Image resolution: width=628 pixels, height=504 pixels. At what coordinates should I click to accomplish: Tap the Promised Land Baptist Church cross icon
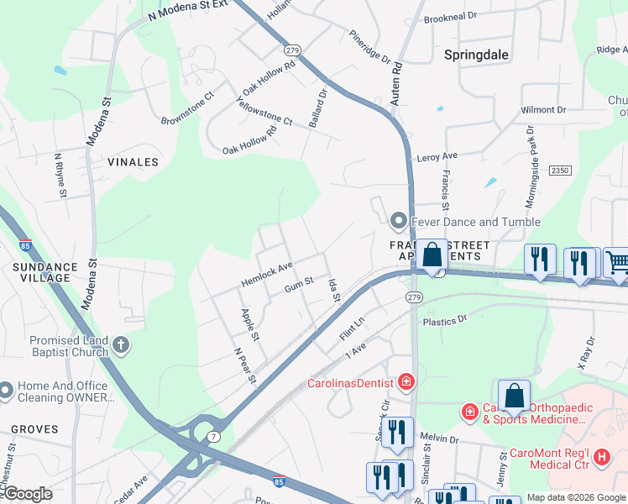[x=122, y=344]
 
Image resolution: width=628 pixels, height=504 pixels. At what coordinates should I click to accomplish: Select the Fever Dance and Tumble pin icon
[x=399, y=222]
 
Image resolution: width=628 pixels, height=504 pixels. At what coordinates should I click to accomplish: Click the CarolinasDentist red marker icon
[x=406, y=382]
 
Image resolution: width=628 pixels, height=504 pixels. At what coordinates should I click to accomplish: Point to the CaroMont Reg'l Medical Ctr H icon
[x=601, y=457]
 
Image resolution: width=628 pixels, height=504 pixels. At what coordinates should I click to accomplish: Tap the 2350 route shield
[x=560, y=171]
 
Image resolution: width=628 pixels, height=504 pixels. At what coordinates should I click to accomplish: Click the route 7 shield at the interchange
[x=215, y=437]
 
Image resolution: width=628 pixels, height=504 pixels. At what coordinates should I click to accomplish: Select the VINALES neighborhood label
[x=133, y=161]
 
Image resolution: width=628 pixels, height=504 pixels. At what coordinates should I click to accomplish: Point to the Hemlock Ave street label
[x=266, y=273]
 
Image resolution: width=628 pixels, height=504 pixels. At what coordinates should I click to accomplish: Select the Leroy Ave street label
[x=437, y=157]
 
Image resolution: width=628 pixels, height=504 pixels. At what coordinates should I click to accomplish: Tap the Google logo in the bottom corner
[x=28, y=494]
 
